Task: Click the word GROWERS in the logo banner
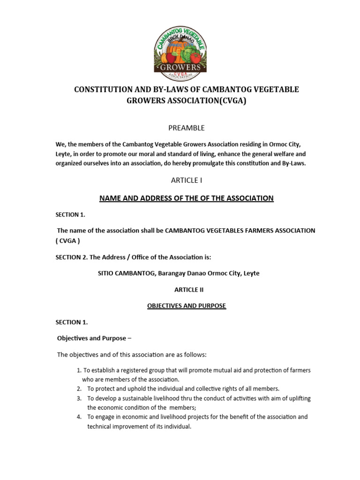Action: click(180, 67)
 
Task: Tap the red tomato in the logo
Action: click(195, 57)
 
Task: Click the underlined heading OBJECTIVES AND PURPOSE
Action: click(186, 306)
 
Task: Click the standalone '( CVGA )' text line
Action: click(68, 241)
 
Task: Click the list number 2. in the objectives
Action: click(79, 389)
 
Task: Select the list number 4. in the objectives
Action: click(79, 417)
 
